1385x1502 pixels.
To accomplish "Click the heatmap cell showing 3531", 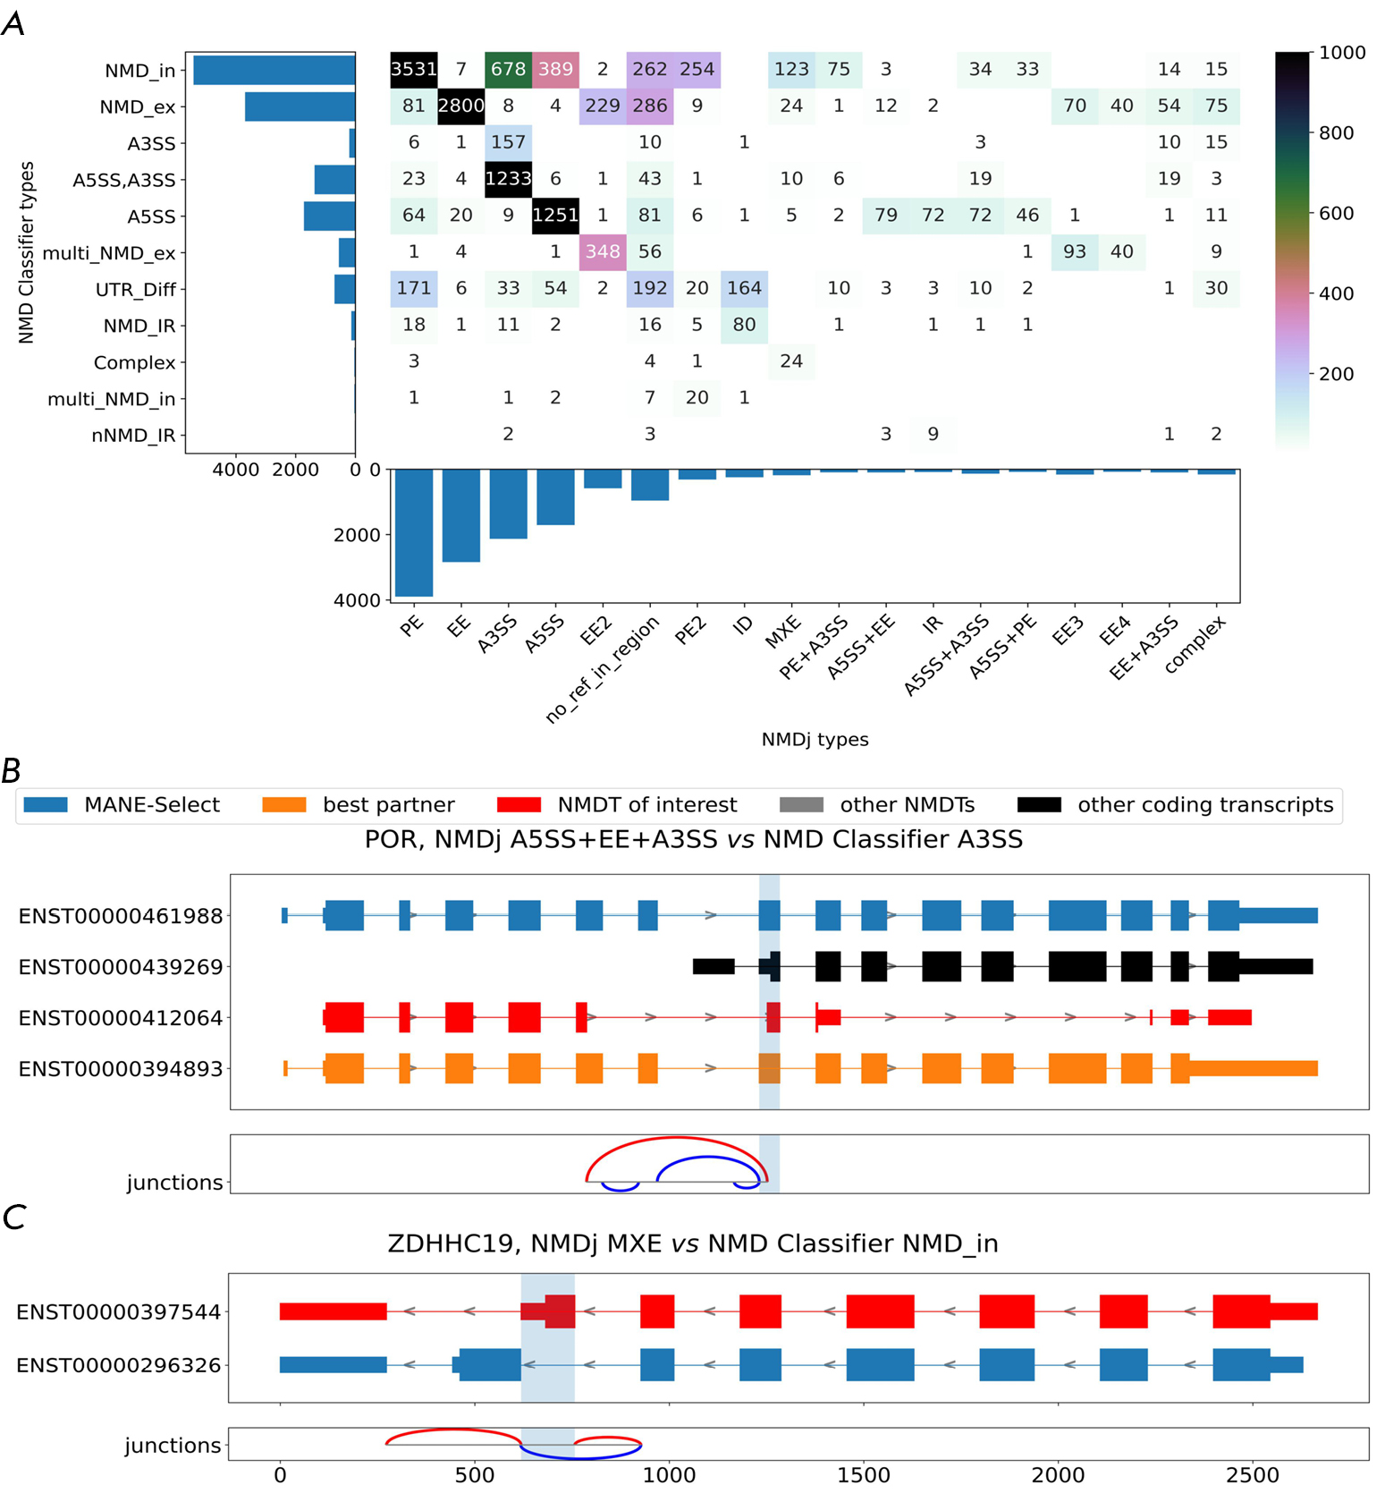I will pyautogui.click(x=413, y=70).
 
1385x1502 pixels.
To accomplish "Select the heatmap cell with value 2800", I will pyautogui.click(x=460, y=106).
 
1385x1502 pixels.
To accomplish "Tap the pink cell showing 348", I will pyautogui.click(x=602, y=252).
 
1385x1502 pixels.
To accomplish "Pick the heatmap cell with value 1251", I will pyautogui.click(x=555, y=216).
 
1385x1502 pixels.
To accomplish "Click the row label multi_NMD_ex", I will pyautogui.click(x=109, y=253).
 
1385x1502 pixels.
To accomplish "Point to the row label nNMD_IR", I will pyautogui.click(x=133, y=436).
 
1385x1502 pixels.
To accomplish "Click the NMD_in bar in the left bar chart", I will pyautogui.click(x=274, y=71).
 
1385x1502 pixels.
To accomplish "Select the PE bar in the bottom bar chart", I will pyautogui.click(x=414, y=532).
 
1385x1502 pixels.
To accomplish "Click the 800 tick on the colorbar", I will pyautogui.click(x=1336, y=133).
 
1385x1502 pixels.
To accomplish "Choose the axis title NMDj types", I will pyautogui.click(x=815, y=740).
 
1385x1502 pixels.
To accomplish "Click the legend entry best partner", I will pyautogui.click(x=388, y=805).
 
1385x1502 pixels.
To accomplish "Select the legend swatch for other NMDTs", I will pyautogui.click(x=801, y=805).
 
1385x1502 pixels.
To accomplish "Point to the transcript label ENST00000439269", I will pyautogui.click(x=121, y=967).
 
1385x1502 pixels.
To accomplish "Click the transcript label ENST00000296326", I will pyautogui.click(x=118, y=1365).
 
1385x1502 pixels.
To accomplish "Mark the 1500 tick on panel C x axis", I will pyautogui.click(x=863, y=1475).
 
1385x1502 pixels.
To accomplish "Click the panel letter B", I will pyautogui.click(x=12, y=770).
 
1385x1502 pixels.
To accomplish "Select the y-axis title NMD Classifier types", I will pyautogui.click(x=26, y=252).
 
